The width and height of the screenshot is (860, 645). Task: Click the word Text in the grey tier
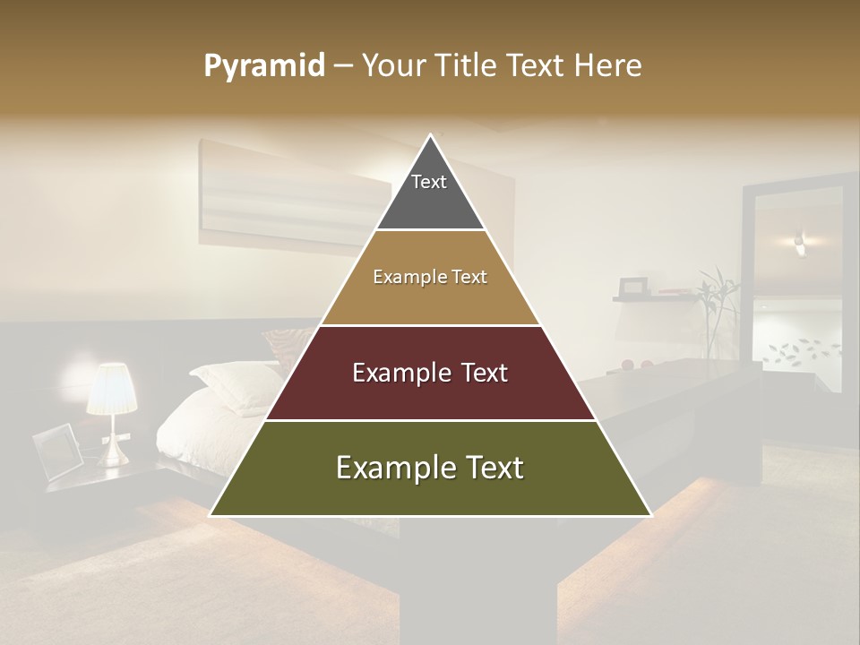(429, 182)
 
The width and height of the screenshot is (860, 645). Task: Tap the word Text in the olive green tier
(487, 468)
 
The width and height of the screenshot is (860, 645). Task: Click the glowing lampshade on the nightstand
(111, 389)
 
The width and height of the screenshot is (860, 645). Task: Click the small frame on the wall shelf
(634, 287)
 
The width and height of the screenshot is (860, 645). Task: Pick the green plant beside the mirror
(716, 309)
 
